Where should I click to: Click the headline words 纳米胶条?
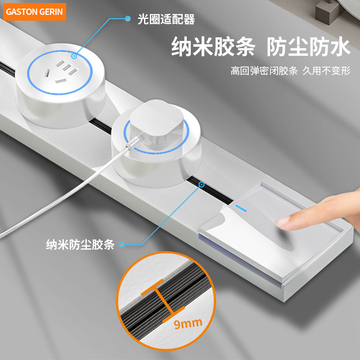click(x=213, y=47)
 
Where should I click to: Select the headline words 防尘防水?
click(x=308, y=47)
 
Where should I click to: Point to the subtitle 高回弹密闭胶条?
click(x=264, y=71)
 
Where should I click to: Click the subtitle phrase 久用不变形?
click(x=326, y=71)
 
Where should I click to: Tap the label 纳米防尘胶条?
click(x=81, y=244)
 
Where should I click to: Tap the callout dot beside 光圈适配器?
click(x=128, y=19)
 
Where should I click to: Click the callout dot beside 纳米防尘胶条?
click(x=121, y=245)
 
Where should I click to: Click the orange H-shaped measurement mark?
click(x=164, y=299)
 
